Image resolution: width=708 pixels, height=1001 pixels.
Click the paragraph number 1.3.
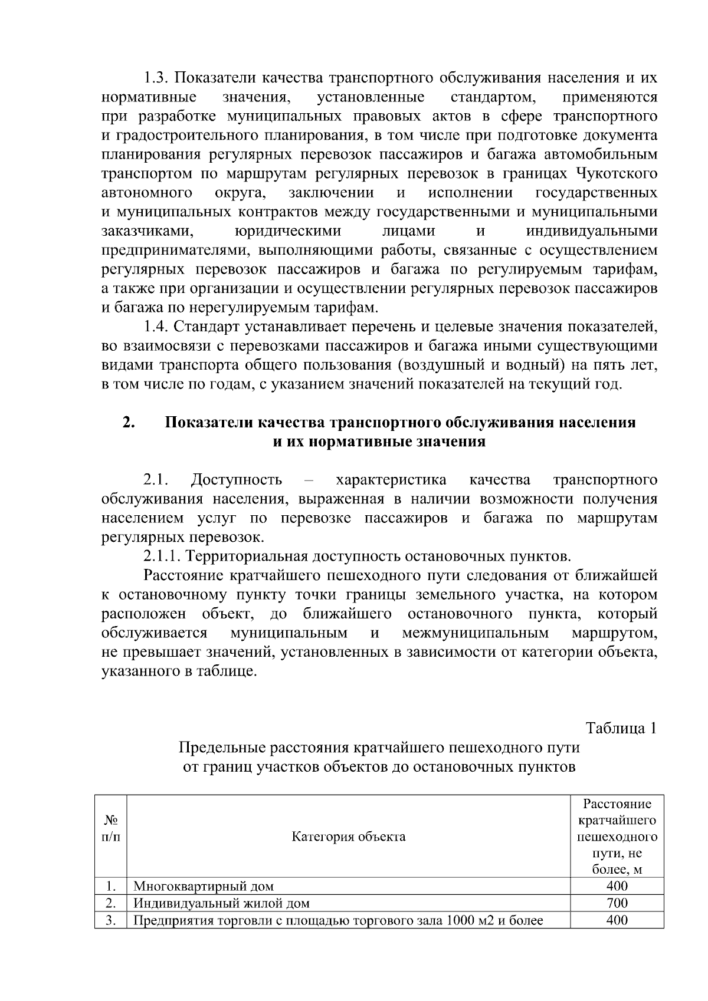coord(156,78)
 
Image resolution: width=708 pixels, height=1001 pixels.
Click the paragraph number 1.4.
coord(156,327)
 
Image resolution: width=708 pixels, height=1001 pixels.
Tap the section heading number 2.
coord(127,423)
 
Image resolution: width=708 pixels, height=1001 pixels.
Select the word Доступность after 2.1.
coord(237,480)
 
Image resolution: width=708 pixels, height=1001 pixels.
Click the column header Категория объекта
coord(349,837)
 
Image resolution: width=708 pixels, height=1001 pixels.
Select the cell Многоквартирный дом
coord(204,886)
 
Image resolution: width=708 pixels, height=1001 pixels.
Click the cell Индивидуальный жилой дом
coord(221,903)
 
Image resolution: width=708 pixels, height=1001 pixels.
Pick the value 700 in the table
coord(617,903)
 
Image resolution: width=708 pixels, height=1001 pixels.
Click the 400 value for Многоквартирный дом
coord(617,886)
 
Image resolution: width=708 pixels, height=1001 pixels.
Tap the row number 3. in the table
coord(110,920)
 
